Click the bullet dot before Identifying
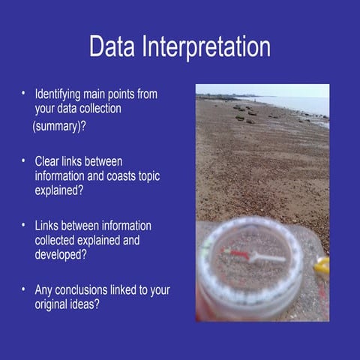click(x=24, y=94)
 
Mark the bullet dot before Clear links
click(x=24, y=160)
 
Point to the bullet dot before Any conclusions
click(x=24, y=289)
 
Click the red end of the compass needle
click(x=239, y=253)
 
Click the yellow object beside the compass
click(x=322, y=265)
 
